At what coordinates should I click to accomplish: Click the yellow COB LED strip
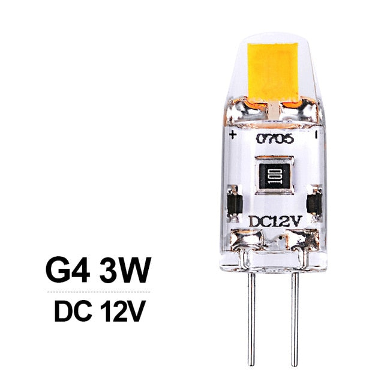273,72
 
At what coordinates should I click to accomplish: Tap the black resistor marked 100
274,176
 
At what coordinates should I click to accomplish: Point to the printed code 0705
275,139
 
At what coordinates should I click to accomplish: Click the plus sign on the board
232,135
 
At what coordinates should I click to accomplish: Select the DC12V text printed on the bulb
275,221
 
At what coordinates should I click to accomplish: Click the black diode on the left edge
235,203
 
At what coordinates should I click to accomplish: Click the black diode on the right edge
314,203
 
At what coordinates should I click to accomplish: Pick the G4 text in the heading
67,271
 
